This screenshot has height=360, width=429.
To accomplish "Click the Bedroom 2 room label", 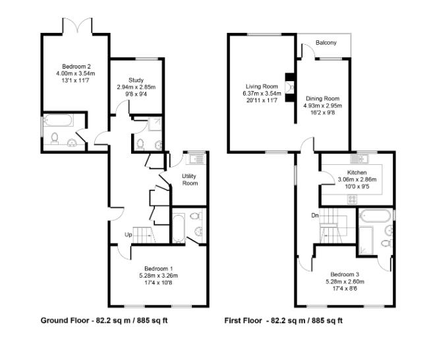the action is (76, 67).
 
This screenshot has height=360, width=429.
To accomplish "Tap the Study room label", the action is (136, 80).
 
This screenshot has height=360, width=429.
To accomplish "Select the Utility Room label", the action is (189, 179).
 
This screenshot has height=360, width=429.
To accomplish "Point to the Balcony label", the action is (326, 43).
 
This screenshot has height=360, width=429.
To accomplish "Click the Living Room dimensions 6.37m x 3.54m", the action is (262, 94).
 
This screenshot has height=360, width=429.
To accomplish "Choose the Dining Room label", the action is (322, 98).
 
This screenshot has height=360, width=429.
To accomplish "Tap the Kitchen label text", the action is (357, 173).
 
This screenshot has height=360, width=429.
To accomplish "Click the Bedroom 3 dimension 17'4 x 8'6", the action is (345, 289).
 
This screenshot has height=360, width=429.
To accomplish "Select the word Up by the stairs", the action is (129, 235).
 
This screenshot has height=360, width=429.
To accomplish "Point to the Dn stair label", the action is (315, 216).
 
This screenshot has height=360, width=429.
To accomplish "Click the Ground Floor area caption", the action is (104, 320).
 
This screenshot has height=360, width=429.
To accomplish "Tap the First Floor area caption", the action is (283, 320).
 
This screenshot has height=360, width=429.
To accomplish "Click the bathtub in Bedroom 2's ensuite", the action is (59, 120).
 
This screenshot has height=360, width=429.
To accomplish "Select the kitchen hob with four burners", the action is (352, 199).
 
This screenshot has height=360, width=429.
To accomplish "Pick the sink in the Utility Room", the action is (196, 158).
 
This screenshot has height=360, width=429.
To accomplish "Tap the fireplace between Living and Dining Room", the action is (290, 87).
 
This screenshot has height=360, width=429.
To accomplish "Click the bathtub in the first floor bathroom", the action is (374, 216).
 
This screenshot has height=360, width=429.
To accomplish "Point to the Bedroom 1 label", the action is (158, 268).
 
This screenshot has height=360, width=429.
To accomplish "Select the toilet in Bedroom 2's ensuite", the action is (55, 138).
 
